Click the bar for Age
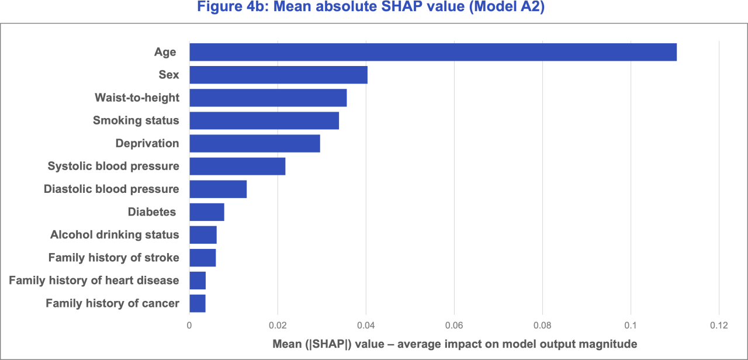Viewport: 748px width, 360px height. click(x=432, y=52)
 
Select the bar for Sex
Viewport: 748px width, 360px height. click(x=278, y=75)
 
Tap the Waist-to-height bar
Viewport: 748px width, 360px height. click(x=268, y=98)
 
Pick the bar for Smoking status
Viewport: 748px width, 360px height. click(x=264, y=120)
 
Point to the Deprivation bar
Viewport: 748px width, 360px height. click(x=255, y=143)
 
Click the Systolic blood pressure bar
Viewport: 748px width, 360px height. click(x=237, y=166)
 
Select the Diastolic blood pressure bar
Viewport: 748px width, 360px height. click(x=218, y=189)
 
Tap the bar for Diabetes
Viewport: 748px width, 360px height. click(x=207, y=212)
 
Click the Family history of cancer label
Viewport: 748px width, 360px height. click(x=112, y=303)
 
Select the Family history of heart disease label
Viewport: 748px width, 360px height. click(x=94, y=281)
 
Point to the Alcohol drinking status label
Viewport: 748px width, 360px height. click(x=115, y=235)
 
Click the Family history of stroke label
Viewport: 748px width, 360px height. click(x=113, y=258)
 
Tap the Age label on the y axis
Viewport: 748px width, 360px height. click(x=165, y=53)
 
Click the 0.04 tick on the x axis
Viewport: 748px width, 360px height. click(x=366, y=326)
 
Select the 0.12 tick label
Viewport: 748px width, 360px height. click(x=718, y=326)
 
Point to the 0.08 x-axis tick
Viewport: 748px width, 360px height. click(x=542, y=326)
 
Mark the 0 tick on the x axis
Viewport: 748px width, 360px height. click(x=189, y=326)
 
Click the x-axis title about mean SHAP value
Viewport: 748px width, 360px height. click(x=454, y=344)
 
